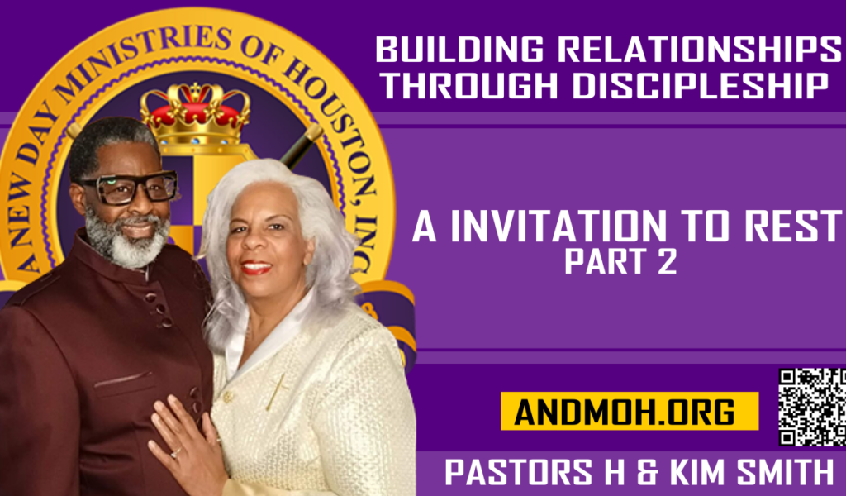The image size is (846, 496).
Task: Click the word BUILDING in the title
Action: pos(459,49)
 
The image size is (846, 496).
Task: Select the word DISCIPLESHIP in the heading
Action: pos(700,85)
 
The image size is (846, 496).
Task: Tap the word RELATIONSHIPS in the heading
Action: pos(699,49)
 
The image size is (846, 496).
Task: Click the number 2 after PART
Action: pos(667,262)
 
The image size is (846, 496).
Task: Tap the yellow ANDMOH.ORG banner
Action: pos(630,411)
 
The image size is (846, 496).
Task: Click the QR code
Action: pos(812,407)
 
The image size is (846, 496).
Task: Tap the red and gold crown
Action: pos(195,114)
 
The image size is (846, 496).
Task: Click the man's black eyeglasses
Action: pos(130,188)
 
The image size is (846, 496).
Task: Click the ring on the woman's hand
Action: pos(176,453)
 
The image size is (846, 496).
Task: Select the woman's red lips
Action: pos(256,267)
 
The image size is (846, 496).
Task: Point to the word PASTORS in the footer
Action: pos(519,472)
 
